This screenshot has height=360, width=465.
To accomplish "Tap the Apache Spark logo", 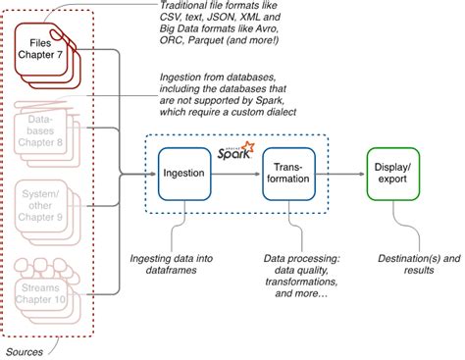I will (x=236, y=150).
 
